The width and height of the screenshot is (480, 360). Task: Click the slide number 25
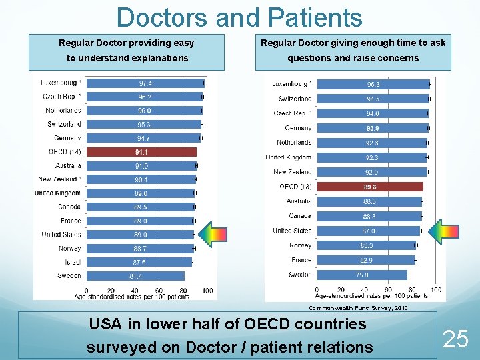pos(456,339)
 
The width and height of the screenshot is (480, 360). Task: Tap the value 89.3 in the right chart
pos(370,187)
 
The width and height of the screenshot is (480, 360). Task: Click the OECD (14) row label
pos(65,151)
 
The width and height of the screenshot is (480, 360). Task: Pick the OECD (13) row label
pos(295,187)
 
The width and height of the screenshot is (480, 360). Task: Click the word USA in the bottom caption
pos(105,325)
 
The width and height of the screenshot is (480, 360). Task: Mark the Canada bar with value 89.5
pos(140,207)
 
